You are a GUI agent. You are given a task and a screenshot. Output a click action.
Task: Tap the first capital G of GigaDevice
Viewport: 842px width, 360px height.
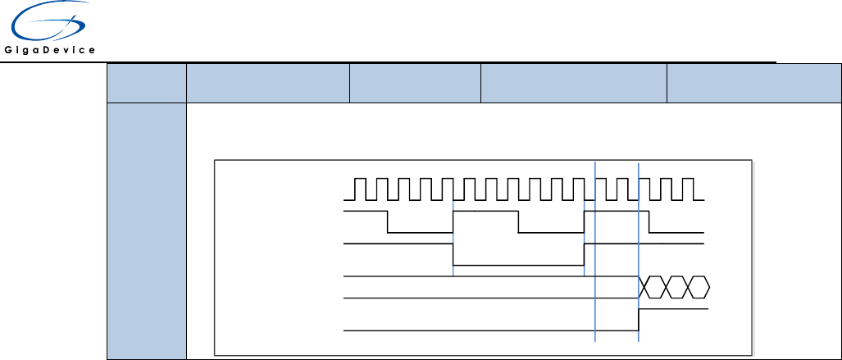[9, 50]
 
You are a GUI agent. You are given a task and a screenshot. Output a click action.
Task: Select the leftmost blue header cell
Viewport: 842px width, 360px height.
[145, 83]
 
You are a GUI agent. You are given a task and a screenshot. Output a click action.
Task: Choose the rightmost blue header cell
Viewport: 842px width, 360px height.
[753, 83]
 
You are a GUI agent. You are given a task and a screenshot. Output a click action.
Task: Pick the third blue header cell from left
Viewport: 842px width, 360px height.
[415, 83]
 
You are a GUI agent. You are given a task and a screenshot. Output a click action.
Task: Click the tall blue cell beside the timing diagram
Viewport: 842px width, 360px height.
[145, 230]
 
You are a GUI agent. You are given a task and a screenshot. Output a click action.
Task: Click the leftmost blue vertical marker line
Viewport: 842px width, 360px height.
[453, 238]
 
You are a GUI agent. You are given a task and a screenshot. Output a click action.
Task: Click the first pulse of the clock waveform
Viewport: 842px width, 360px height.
[360, 188]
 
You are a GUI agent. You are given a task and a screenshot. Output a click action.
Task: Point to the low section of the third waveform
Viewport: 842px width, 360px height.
[518, 265]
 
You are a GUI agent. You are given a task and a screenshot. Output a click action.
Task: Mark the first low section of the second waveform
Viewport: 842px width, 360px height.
[420, 231]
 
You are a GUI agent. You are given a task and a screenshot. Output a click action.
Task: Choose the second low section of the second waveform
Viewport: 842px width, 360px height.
[550, 231]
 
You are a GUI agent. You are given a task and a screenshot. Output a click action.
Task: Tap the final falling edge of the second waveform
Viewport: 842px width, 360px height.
[649, 221]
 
